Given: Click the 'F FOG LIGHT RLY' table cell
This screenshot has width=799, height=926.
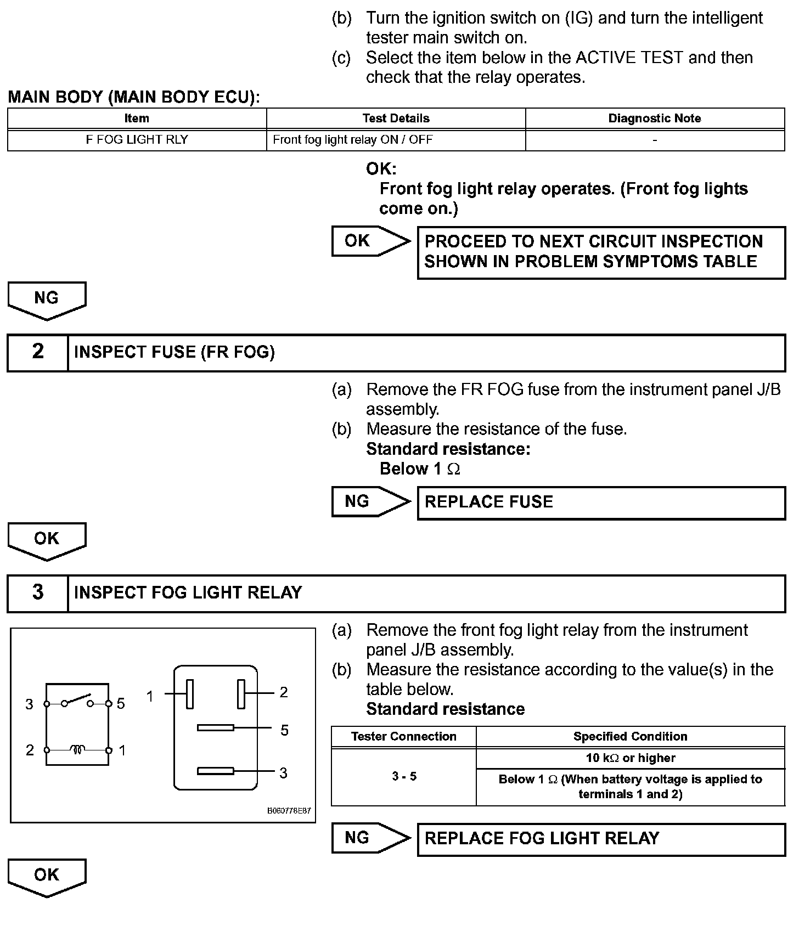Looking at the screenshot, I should pos(137,140).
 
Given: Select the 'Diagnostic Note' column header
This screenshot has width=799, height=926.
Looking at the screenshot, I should pos(655,118).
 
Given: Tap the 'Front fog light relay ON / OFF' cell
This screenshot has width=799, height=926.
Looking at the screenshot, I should pos(396,140).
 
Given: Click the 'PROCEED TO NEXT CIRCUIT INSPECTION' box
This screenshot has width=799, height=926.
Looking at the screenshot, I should pos(601,252).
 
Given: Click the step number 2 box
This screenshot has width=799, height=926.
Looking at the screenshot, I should pos(38,352).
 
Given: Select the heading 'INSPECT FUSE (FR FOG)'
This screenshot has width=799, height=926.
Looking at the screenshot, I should pos(175,352).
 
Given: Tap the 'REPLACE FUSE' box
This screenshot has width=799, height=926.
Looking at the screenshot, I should pos(601,502).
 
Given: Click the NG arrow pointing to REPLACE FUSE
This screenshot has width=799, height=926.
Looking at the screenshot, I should pos(371,501).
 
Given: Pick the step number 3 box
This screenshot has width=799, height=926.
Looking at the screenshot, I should pos(38,593).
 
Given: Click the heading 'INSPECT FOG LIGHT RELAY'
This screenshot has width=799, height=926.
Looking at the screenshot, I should pos(188,593).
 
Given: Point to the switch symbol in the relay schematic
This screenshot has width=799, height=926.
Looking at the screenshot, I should pos(77,701).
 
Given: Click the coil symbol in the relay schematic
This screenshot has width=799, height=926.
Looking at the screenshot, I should pos(77,749).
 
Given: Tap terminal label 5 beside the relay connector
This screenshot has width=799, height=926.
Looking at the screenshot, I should pos(284,731).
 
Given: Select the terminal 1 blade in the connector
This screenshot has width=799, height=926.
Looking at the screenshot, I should pos(190,694).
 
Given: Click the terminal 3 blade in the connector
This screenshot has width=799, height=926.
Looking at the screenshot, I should pos(216,771).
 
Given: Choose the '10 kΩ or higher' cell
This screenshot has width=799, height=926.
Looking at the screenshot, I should pos(631,758).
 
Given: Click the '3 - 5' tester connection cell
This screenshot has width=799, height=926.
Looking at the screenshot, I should pos(404,776).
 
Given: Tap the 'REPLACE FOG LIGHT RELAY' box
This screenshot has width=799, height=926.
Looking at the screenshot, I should pos(601,839).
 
